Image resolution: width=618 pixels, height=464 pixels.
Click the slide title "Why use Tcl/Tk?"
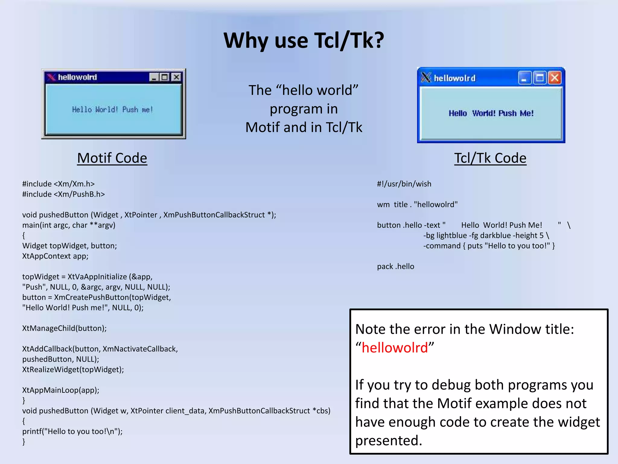pos(304,40)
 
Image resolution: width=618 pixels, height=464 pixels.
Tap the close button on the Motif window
pos(176,77)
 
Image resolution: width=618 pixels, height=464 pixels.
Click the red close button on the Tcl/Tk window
pos(555,78)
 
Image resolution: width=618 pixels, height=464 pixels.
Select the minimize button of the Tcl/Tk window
pos(524,78)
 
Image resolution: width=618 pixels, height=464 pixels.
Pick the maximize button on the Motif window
pos(165,77)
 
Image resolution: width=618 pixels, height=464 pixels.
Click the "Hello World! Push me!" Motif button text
pos(113,109)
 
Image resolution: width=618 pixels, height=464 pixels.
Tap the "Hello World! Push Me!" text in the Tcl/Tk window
pos(491,113)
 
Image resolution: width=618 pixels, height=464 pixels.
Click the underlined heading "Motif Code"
pos(112,158)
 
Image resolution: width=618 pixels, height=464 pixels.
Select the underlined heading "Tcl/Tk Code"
pos(490,158)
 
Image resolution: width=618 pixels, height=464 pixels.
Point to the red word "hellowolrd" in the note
pos(395,348)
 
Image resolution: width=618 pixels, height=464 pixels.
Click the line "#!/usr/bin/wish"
pos(404,184)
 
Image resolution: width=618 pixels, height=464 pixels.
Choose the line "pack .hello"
pos(396,266)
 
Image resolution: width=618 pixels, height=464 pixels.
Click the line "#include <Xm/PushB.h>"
pos(63,194)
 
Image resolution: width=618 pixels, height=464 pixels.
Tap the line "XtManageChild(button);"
pos(64,328)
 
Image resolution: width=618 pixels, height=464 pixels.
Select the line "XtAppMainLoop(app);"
pos(61,390)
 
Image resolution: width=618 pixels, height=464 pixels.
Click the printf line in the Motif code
pos(72,431)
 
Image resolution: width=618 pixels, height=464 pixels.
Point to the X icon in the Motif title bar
pos(51,77)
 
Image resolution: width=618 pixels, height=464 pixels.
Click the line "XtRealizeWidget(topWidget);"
pos(73,370)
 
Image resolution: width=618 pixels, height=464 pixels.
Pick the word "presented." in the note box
pos(389,440)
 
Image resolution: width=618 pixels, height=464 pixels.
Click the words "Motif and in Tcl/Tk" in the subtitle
pos(304,127)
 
